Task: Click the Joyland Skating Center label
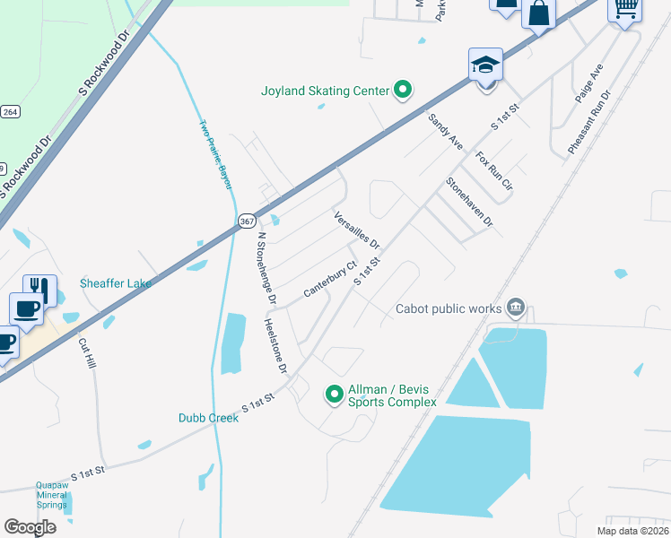pyautogui.click(x=324, y=91)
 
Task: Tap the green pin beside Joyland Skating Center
pyautogui.click(x=403, y=90)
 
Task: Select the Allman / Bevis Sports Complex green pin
pyautogui.click(x=334, y=394)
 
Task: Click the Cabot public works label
pyautogui.click(x=449, y=308)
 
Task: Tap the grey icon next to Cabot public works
pyautogui.click(x=515, y=308)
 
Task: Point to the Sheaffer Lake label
pyautogui.click(x=114, y=283)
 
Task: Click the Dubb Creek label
pyautogui.click(x=207, y=418)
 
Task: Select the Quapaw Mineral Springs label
pyautogui.click(x=52, y=495)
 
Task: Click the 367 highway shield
pyautogui.click(x=247, y=221)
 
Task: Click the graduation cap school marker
pyautogui.click(x=485, y=65)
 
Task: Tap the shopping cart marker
pyautogui.click(x=625, y=9)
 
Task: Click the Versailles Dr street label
pyautogui.click(x=356, y=230)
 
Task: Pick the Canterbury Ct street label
pyautogui.click(x=330, y=280)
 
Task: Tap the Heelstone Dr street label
pyautogui.click(x=274, y=345)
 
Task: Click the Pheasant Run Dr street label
pyautogui.click(x=588, y=121)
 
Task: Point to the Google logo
pyautogui.click(x=30, y=527)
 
